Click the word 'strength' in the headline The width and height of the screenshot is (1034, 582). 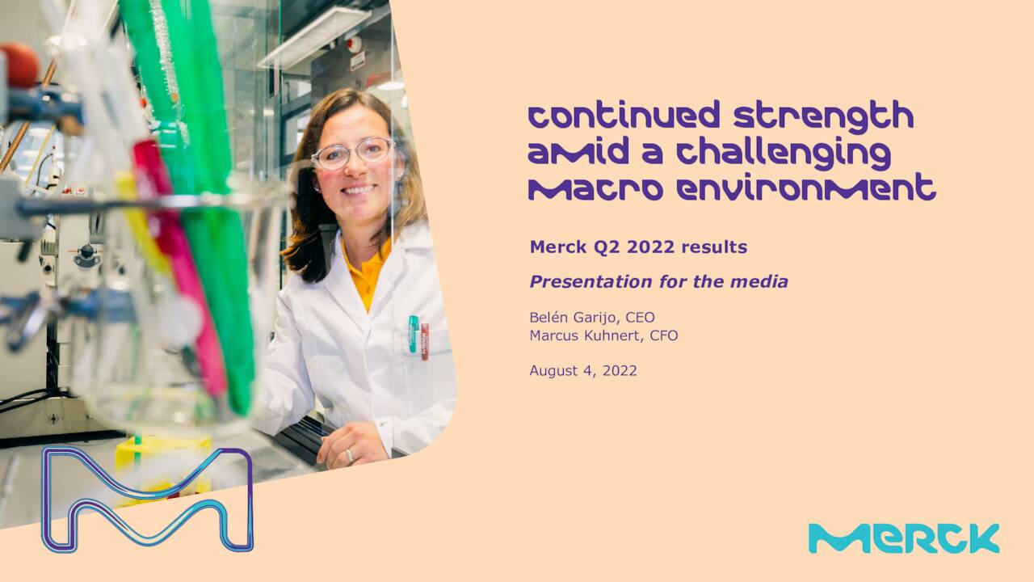click(x=823, y=116)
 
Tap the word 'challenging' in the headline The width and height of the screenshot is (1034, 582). click(x=784, y=154)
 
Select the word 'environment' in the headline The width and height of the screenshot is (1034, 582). click(x=806, y=188)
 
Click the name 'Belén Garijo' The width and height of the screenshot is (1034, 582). click(x=574, y=318)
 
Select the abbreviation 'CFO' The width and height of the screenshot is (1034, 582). click(x=664, y=335)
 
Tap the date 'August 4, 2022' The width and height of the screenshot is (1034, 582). click(x=583, y=371)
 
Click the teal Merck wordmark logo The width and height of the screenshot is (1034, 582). click(x=904, y=538)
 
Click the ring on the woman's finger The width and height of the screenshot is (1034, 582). click(x=350, y=456)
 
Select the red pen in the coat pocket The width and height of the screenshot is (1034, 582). click(x=425, y=342)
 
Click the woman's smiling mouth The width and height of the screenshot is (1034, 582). click(x=359, y=189)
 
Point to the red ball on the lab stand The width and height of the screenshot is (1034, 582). click(x=19, y=65)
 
